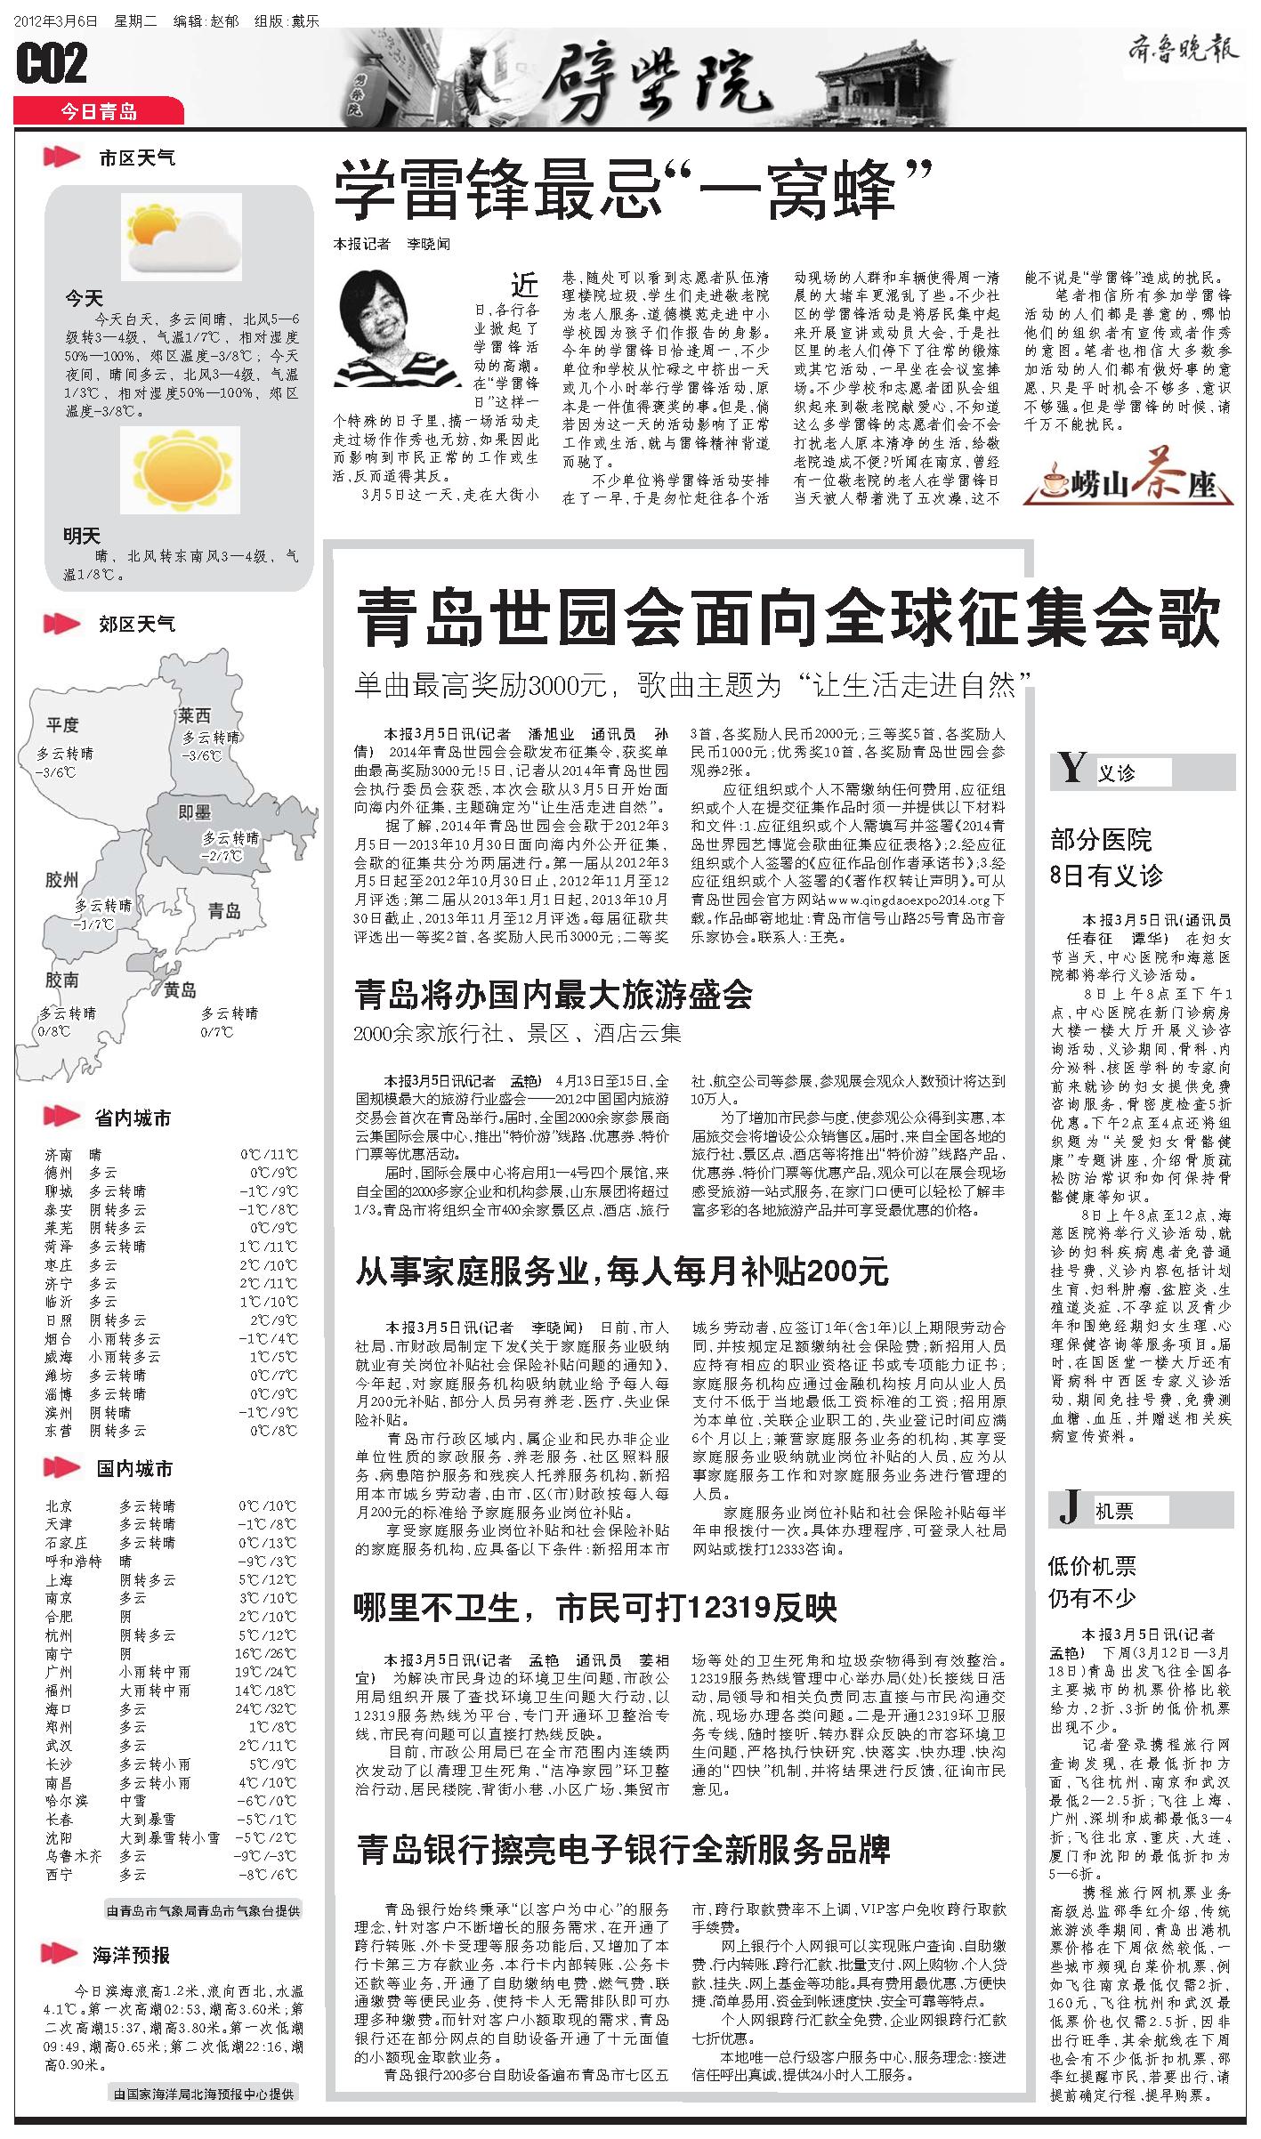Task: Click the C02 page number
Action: click(52, 64)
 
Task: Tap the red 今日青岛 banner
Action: click(99, 111)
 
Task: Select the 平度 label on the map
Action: click(63, 725)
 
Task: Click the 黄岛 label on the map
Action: click(180, 989)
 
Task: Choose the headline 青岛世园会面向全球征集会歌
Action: click(787, 620)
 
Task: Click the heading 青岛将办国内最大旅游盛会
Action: click(554, 995)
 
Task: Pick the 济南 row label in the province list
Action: click(61, 1155)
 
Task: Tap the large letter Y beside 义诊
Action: click(1072, 768)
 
